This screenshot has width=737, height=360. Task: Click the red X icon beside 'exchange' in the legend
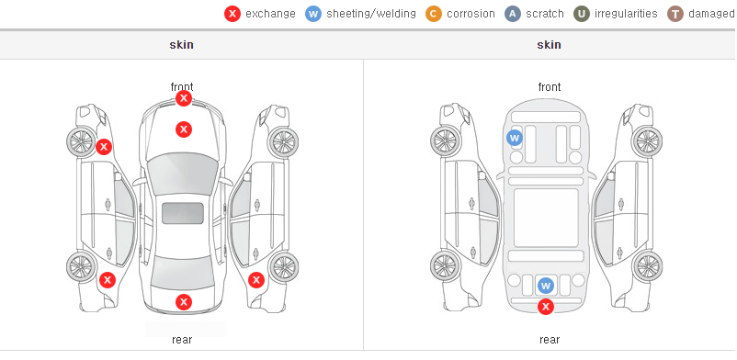click(232, 14)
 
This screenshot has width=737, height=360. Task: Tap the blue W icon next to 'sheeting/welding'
click(313, 14)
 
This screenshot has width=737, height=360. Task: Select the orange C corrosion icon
click(434, 14)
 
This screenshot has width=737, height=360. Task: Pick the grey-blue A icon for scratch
click(513, 14)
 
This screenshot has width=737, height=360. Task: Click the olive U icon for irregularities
click(582, 14)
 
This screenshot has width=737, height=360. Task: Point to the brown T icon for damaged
click(675, 14)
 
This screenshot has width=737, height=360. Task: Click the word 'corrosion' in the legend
click(471, 14)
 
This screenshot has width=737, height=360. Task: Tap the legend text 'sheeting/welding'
click(371, 14)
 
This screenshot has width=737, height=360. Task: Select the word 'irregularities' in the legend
click(626, 14)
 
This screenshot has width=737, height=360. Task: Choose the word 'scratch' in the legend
click(545, 14)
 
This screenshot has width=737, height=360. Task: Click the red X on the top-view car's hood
click(184, 129)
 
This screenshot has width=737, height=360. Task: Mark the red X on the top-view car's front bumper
click(184, 98)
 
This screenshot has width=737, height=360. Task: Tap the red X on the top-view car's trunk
click(184, 302)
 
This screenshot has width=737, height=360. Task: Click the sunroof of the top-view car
click(183, 213)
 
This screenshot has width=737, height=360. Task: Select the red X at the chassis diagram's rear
click(546, 307)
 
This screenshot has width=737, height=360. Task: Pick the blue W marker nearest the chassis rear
click(546, 286)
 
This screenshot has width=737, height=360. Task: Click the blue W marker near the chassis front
click(515, 138)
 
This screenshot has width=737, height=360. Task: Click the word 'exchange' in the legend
click(270, 14)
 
